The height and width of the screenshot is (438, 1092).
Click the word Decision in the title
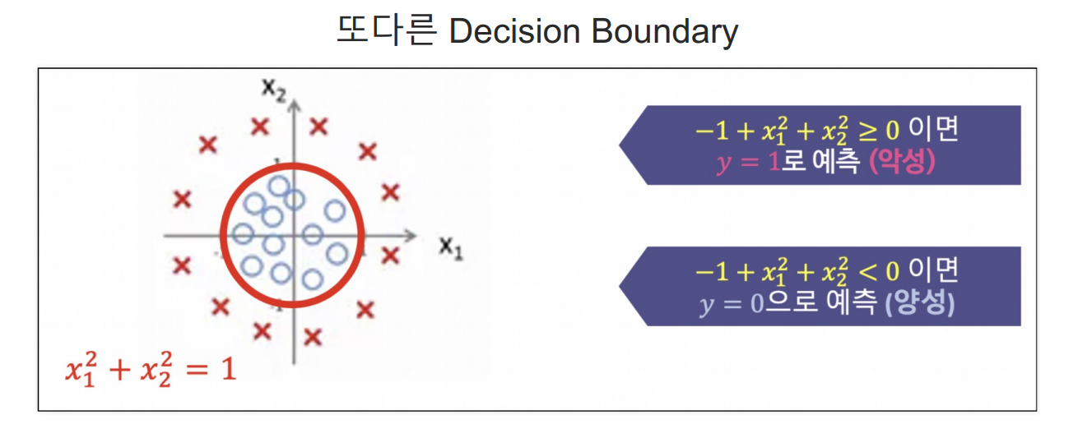pos(514,31)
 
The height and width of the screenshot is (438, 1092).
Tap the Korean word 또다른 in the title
pos(386,30)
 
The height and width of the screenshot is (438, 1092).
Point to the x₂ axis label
pos(273,90)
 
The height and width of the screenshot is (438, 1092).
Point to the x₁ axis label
pos(451,248)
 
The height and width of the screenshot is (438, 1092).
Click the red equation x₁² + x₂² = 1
pos(151,369)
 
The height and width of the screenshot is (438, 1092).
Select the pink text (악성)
pos(903,161)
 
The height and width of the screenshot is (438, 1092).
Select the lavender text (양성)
pos(919,302)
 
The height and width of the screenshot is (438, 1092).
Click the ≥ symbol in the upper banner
pos(867,131)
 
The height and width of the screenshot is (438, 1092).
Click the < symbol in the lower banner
pos(867,272)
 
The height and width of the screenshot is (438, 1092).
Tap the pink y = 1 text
pos(748,162)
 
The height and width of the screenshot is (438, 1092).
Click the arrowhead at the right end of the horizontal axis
pos(411,236)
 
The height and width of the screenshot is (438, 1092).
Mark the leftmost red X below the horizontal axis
pos(182,265)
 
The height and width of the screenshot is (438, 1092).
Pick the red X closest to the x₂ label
pos(260,127)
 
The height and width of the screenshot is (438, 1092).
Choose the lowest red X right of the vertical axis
pos(313,337)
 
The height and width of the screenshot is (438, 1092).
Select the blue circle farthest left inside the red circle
pos(243,234)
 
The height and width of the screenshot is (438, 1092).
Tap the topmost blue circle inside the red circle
pos(279,186)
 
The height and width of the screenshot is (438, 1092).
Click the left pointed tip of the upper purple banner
pos(620,145)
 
